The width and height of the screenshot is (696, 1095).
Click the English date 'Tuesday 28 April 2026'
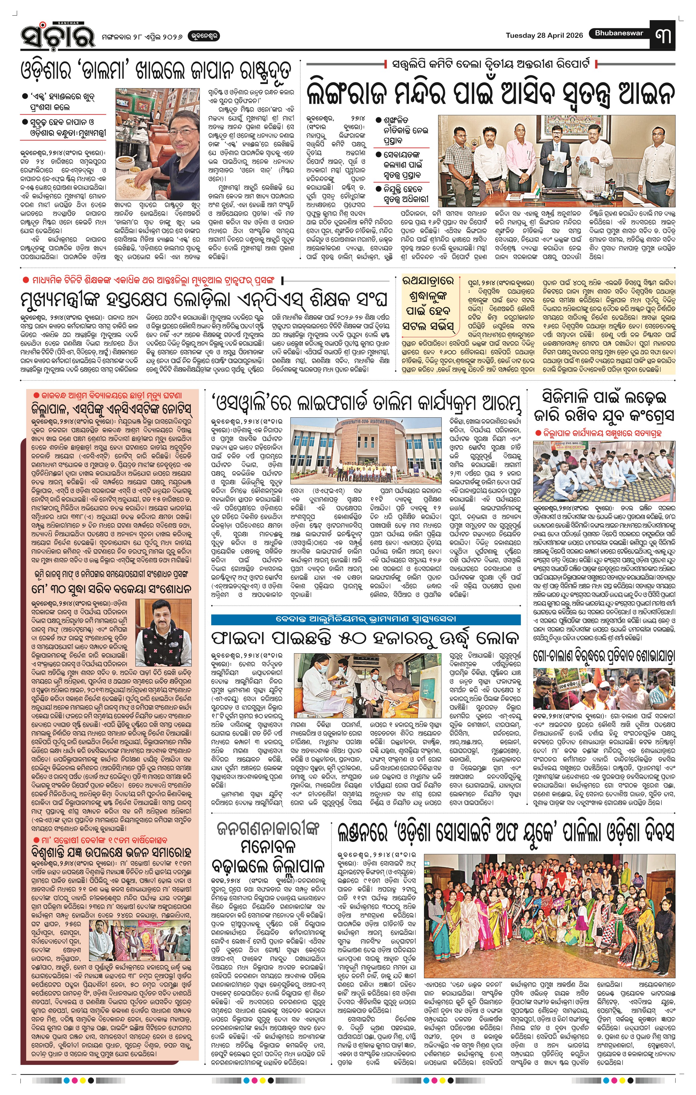tap(544, 36)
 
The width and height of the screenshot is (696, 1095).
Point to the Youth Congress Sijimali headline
tap(604, 406)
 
